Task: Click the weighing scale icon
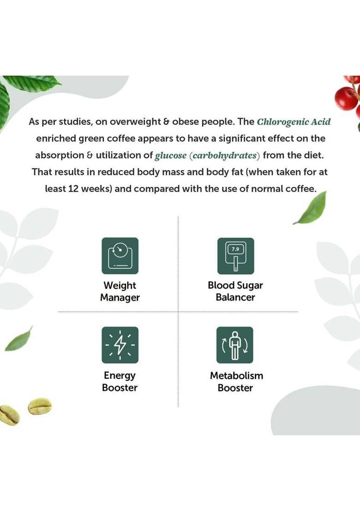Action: pos(120,256)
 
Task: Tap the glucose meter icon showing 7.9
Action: pos(235,256)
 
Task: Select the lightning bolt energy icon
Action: pos(120,345)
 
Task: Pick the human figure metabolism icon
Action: pos(235,345)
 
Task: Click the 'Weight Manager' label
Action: pos(120,291)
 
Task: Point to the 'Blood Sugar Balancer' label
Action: pos(235,291)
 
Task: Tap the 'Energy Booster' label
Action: pos(120,381)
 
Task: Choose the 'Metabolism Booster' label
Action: pos(236,381)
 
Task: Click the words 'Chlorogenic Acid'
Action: pos(294,122)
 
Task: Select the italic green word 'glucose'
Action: pos(170,155)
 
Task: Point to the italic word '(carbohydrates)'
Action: pos(224,155)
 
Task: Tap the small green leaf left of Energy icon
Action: pos(19,339)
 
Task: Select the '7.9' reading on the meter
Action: pos(235,249)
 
